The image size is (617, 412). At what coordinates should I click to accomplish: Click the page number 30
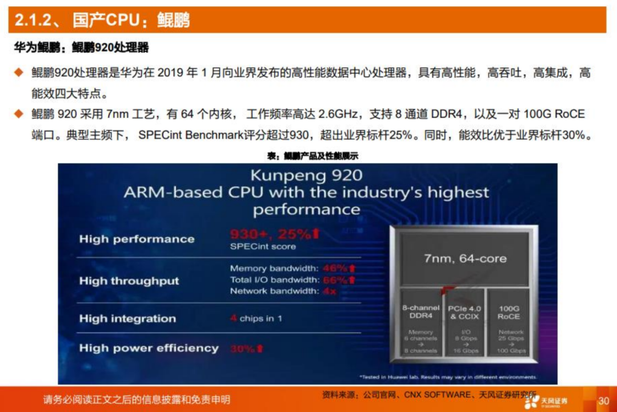[603, 401]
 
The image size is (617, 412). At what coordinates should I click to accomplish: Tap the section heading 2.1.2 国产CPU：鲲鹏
[102, 21]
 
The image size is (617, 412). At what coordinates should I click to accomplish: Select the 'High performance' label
[137, 239]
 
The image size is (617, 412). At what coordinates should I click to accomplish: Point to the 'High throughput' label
[129, 281]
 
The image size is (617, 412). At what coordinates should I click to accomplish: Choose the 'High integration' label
[127, 318]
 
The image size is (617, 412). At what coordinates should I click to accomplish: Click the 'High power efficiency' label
[149, 348]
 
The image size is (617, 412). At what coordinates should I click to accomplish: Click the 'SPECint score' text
[263, 247]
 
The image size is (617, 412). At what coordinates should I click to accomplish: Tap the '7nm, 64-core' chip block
[465, 258]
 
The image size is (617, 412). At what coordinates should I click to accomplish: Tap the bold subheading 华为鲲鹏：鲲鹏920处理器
[81, 47]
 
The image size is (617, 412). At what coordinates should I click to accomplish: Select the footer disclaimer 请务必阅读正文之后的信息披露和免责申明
[137, 399]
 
